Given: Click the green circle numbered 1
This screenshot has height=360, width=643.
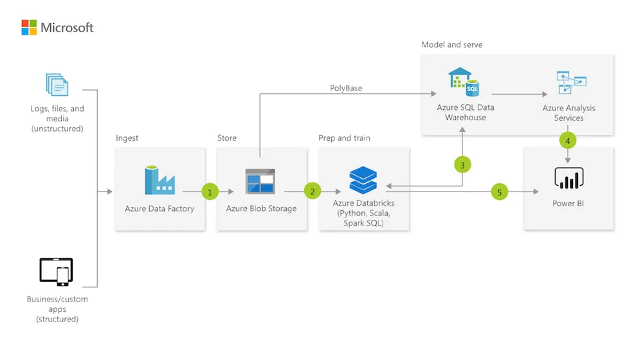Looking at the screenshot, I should [x=209, y=191].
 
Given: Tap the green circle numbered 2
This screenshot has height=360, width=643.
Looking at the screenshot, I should [x=312, y=191].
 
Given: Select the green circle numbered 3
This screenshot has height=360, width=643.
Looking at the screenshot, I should [x=462, y=165].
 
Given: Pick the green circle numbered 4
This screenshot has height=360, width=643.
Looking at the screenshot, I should [x=568, y=139].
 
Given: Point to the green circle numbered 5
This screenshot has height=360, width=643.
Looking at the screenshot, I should [x=500, y=191].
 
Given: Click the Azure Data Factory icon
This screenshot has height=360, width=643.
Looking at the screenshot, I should [x=159, y=180].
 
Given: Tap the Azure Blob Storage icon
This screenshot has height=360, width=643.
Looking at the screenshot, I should [x=260, y=181].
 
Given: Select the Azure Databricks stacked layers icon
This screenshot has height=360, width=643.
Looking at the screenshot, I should [x=363, y=179].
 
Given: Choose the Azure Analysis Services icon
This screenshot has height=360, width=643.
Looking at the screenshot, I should [x=570, y=84].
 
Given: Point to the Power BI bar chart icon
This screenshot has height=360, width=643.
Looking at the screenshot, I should [x=568, y=178].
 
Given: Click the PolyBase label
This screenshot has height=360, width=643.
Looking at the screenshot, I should [x=346, y=88].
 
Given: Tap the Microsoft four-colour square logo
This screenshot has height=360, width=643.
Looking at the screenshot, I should [x=29, y=27].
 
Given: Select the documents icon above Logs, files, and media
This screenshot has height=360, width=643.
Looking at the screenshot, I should [x=57, y=85].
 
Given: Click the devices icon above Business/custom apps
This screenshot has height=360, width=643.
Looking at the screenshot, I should [x=57, y=271].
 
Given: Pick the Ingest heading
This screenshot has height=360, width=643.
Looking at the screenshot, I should [x=127, y=138].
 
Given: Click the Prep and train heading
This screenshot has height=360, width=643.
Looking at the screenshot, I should [x=344, y=138].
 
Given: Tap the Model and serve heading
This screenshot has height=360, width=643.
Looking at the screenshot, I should [x=451, y=45].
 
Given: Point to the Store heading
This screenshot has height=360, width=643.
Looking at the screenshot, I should [x=227, y=138].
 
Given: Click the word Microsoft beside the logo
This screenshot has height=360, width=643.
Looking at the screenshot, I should [x=68, y=28].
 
